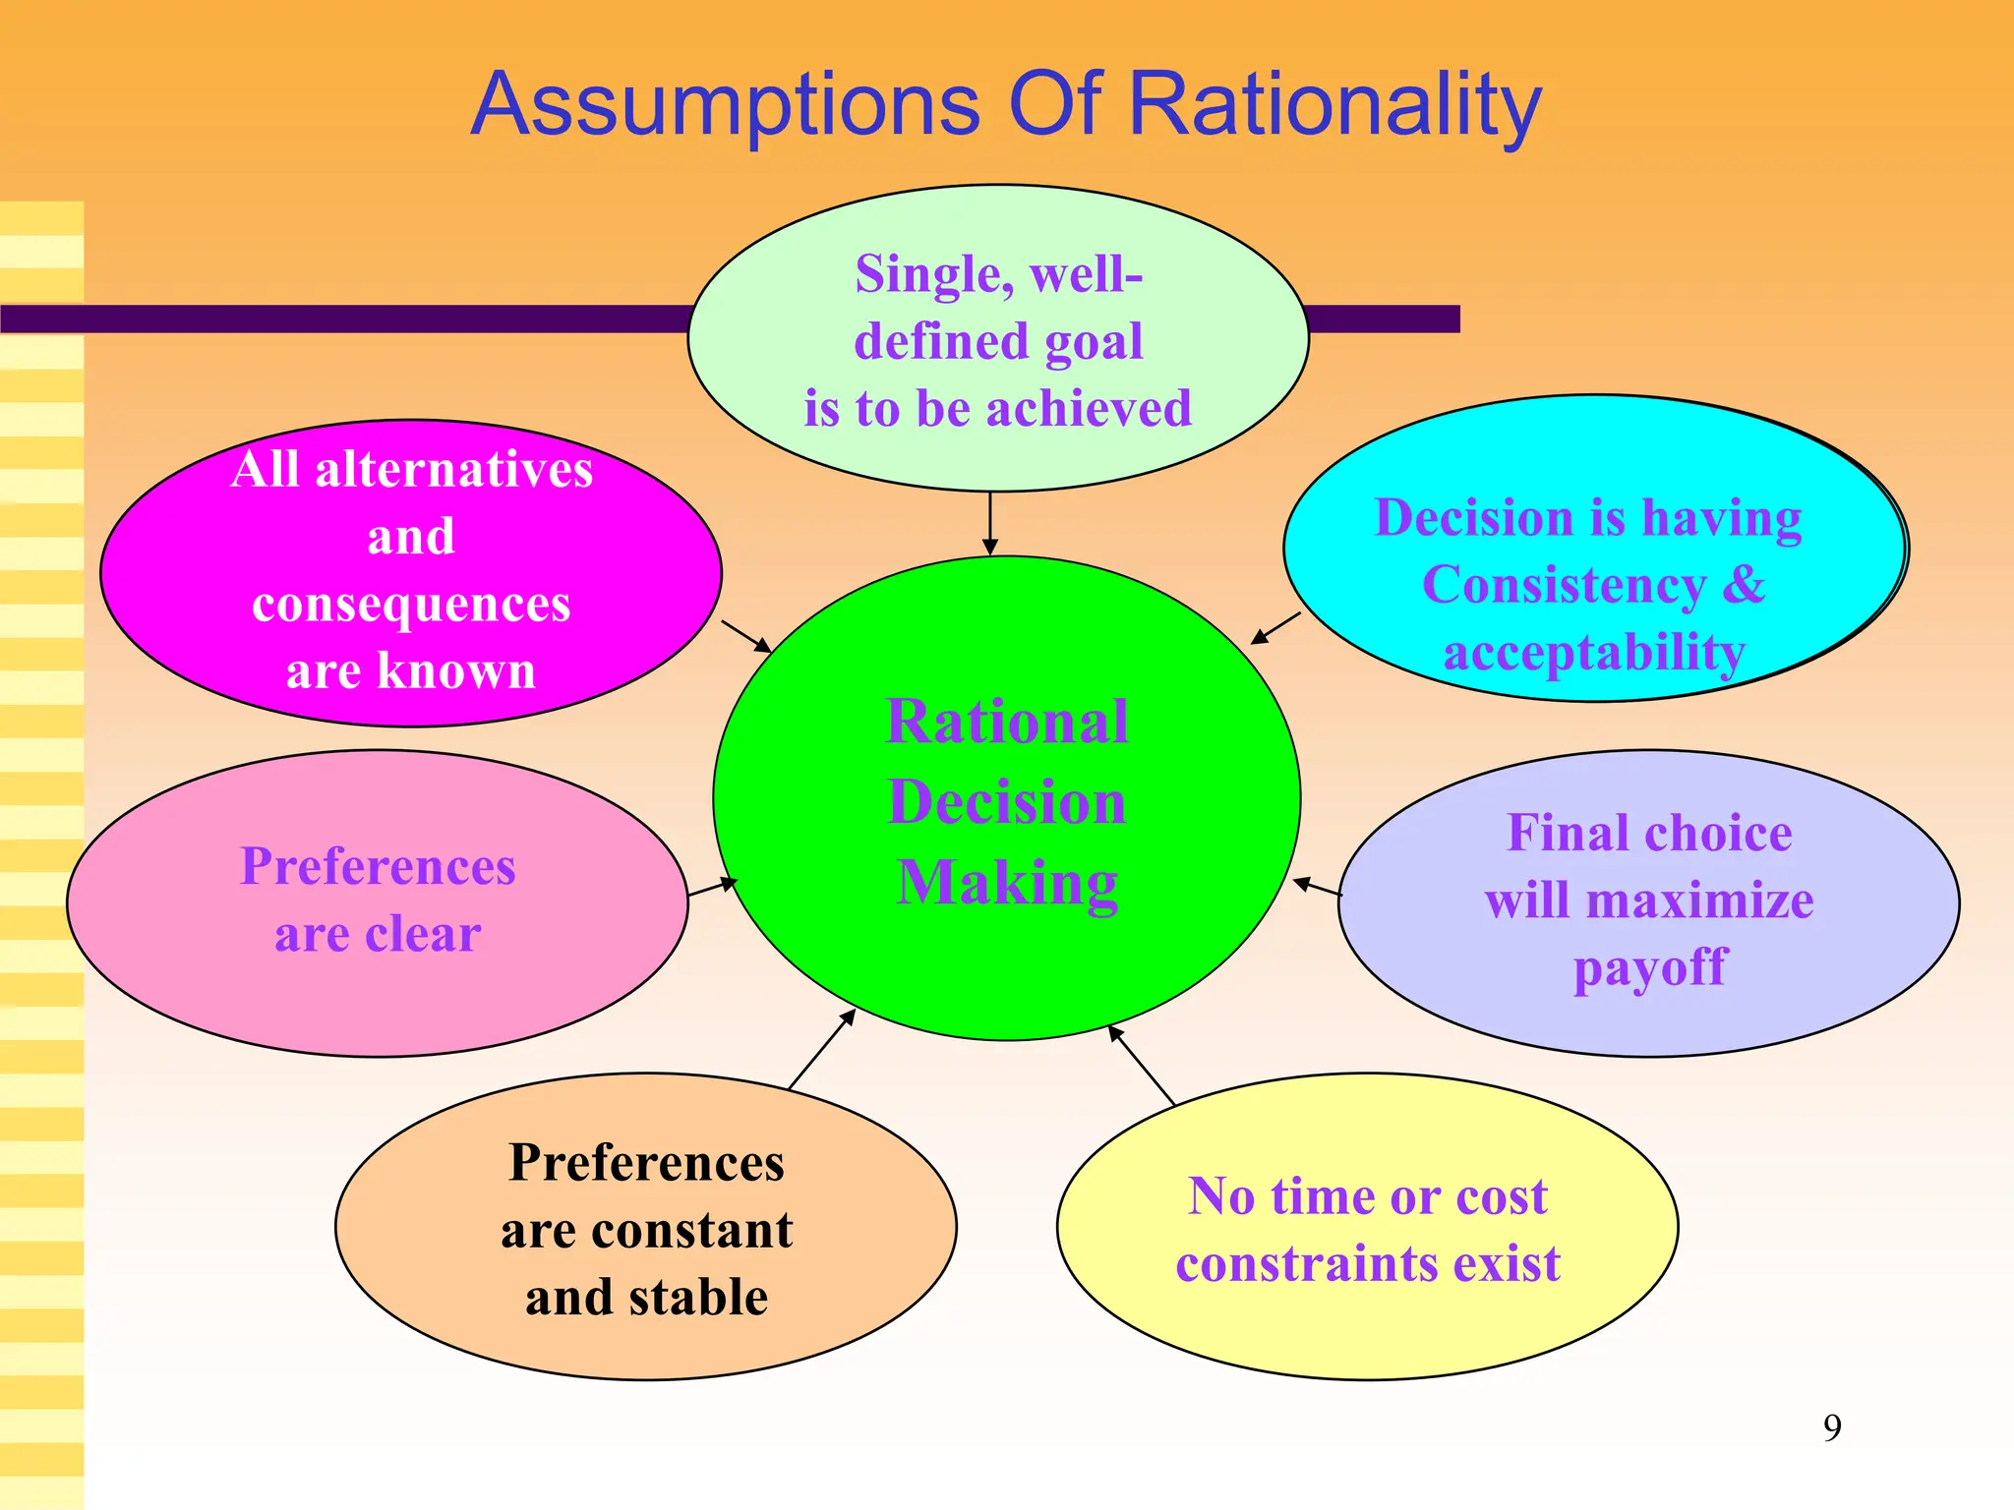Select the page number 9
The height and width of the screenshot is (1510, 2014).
[x=1832, y=1427]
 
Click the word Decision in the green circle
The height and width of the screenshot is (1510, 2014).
[x=1007, y=802]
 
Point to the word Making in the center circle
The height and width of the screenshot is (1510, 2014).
[x=1007, y=883]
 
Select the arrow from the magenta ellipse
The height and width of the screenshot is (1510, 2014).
[x=746, y=636]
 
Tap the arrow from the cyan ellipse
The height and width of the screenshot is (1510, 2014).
[x=1275, y=629]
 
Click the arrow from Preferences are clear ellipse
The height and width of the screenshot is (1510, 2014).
[x=712, y=888]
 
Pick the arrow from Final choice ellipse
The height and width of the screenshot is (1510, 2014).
[x=1317, y=887]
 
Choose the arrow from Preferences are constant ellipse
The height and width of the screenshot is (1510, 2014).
[x=821, y=1049]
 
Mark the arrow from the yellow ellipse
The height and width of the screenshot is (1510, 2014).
[x=1142, y=1065]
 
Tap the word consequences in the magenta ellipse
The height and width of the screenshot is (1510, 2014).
[x=411, y=605]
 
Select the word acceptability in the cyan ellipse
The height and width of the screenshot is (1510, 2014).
[x=1594, y=653]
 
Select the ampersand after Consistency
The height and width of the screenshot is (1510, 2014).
[x=1745, y=585]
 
